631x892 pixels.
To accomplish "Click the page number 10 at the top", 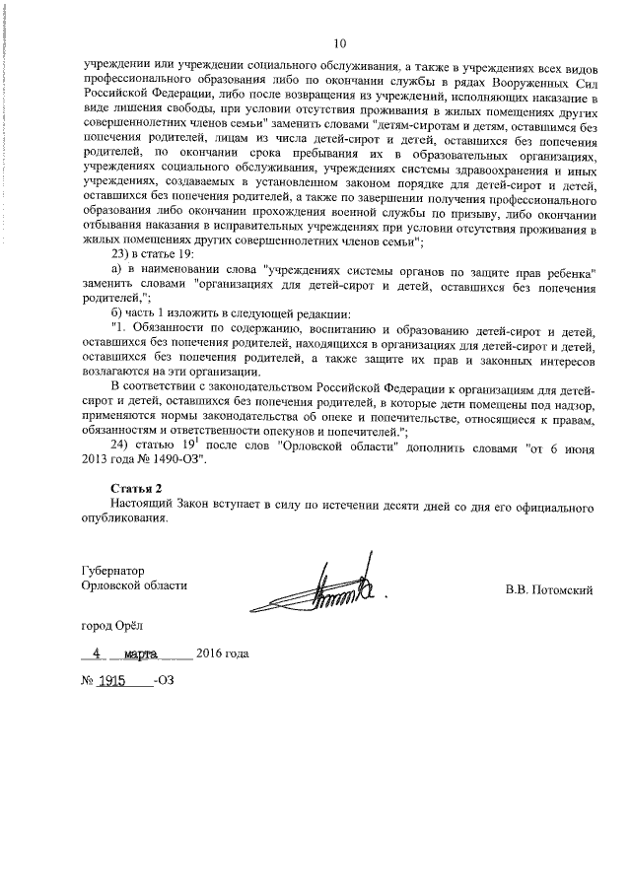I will pos(340,43).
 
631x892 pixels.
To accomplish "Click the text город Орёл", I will pos(114,625).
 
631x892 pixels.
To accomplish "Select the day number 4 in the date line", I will pos(97,653).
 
